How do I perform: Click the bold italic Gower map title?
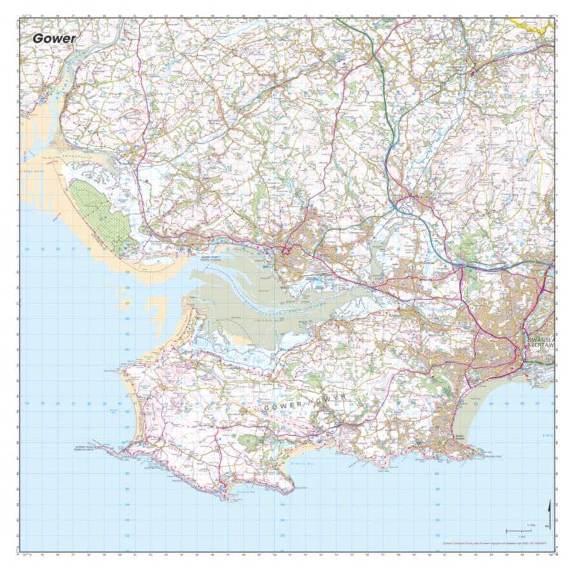[54, 38]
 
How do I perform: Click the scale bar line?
[518, 530]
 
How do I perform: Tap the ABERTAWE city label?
[541, 347]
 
